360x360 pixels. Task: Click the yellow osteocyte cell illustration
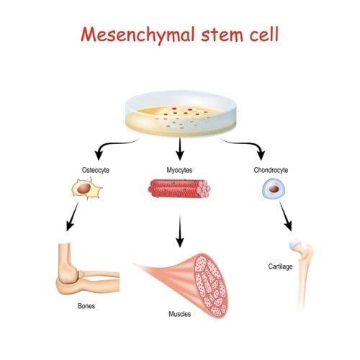86,190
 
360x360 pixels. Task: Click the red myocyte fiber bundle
179,189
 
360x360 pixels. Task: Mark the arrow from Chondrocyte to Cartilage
285,217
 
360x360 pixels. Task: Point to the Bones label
86,305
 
